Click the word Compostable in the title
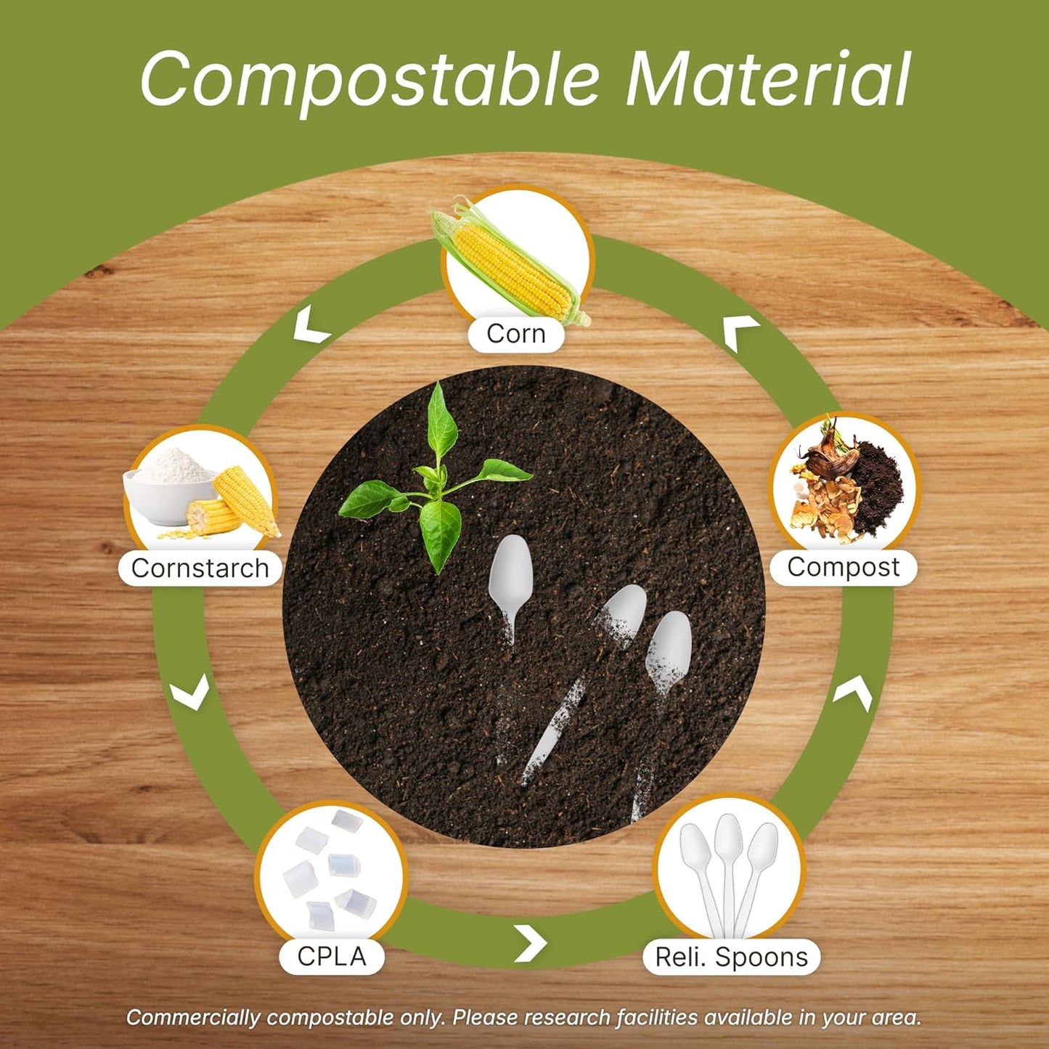tap(370, 80)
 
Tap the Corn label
tap(515, 334)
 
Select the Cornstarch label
tap(200, 568)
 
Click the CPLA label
tap(332, 956)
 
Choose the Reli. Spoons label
tap(731, 957)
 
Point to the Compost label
tap(843, 567)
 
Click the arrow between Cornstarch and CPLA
tap(191, 695)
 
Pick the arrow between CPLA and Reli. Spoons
tap(531, 942)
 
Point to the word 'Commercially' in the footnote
tap(192, 1017)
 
